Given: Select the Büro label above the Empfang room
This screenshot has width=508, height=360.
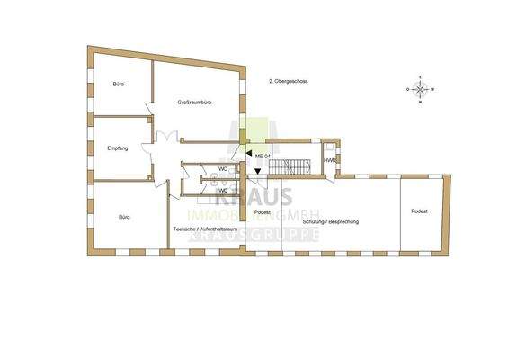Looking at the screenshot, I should (118, 84).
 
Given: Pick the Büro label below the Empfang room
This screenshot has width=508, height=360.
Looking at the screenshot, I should (124, 217).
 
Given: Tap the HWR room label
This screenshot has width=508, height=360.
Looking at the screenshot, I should (329, 161).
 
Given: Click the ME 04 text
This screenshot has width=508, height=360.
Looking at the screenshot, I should (263, 157).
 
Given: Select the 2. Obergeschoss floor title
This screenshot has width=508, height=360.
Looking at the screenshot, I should (289, 82).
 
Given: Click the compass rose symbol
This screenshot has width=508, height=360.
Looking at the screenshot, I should (421, 90).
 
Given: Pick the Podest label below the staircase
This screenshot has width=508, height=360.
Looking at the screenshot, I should (263, 211).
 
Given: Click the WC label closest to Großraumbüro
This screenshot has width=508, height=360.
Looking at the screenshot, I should (221, 169).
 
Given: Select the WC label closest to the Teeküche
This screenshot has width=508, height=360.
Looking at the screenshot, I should (221, 190).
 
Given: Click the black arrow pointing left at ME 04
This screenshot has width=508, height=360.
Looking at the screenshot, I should (249, 156).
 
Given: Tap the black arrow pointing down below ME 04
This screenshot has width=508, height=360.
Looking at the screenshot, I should (258, 175).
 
